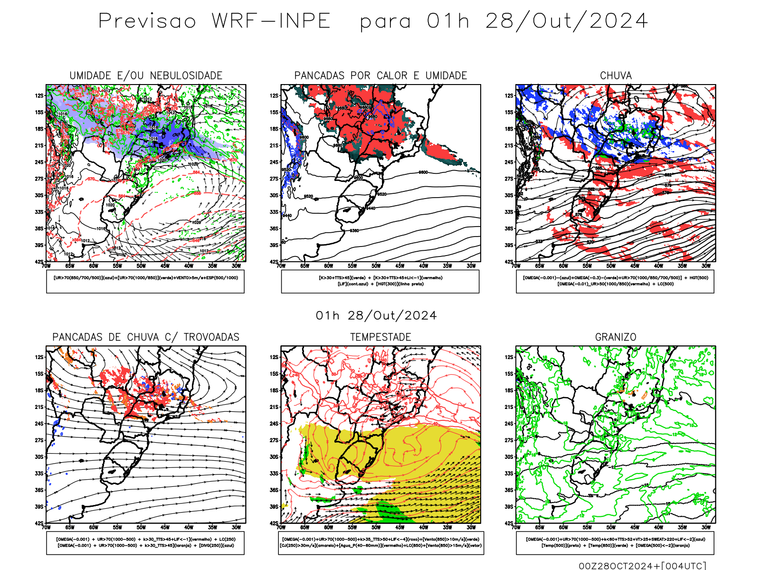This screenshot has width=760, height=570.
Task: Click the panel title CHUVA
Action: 616,76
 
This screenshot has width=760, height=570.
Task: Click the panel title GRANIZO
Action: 616,337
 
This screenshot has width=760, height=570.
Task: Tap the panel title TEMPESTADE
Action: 380,337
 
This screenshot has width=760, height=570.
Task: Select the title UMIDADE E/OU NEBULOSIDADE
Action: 146,76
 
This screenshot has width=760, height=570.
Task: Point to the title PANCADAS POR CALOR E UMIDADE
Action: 380,76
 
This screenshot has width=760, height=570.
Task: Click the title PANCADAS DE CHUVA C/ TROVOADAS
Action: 146,337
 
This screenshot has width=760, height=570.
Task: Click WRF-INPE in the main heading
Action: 271,21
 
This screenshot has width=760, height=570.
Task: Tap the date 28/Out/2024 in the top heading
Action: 566,21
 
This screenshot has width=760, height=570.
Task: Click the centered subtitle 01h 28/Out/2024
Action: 376,316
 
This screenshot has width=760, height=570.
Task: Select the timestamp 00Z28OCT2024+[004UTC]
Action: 642,566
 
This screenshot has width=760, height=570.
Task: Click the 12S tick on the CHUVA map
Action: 509,95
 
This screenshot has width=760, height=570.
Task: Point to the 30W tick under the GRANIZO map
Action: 706,527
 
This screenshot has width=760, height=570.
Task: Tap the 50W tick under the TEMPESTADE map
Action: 376,527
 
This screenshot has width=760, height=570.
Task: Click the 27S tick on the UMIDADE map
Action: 39,179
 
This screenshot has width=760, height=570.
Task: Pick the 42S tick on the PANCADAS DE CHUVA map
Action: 39,523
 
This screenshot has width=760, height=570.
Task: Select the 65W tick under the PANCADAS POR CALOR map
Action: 304,266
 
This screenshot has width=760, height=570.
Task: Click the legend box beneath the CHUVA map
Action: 615,281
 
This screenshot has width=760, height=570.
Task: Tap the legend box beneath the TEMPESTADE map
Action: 380,542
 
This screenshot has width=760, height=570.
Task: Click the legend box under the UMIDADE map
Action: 145,281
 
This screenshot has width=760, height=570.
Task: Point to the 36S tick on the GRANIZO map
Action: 509,490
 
